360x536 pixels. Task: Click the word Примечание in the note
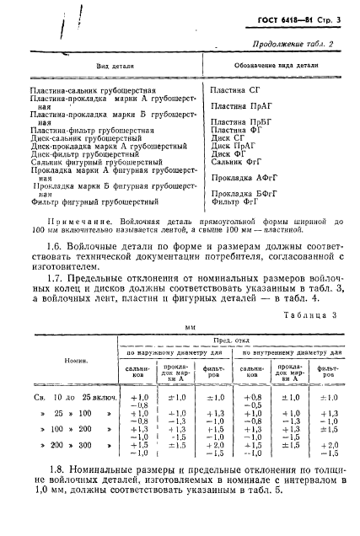[x=73, y=220]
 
